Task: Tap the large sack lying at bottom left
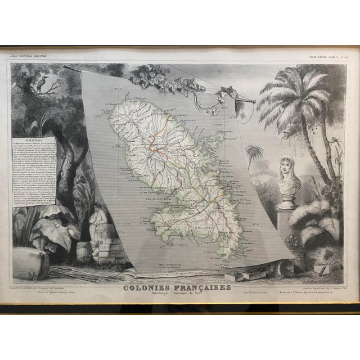point(30,264)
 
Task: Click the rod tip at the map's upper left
point(66,67)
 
